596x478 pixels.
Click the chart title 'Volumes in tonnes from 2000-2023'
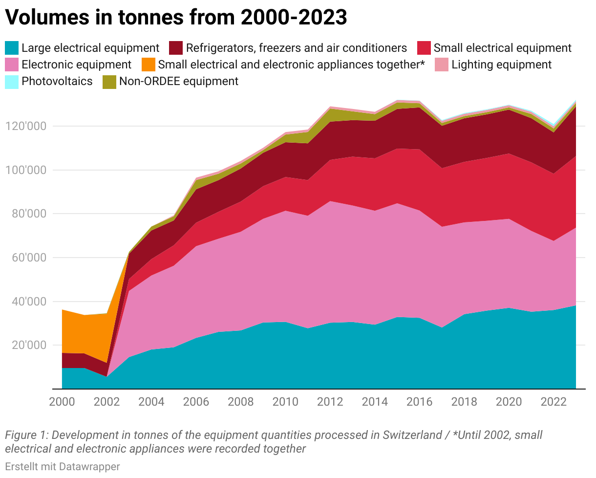(176, 18)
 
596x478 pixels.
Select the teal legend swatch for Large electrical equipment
(12, 48)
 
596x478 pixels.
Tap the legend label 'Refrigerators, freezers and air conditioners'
(296, 48)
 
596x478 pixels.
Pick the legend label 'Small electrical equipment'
(502, 48)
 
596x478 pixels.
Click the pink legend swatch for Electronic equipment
(12, 65)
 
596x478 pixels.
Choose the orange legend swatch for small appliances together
(149, 65)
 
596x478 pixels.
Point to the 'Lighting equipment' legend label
(501, 65)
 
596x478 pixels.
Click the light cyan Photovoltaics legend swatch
(12, 81)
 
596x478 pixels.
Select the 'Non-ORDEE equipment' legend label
(178, 81)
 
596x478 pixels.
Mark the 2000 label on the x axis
(62, 402)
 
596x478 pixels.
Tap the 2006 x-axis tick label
(196, 402)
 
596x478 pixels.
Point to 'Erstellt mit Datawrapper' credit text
(62, 467)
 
